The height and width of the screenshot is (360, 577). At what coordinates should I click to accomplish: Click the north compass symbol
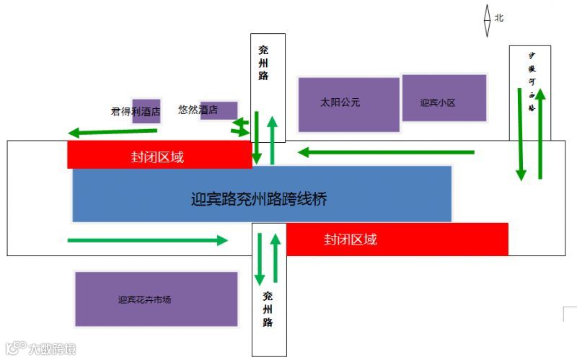(488, 18)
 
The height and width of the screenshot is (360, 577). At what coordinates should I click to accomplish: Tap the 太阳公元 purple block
(348, 104)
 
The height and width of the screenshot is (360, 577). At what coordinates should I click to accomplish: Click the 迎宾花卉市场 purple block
(157, 299)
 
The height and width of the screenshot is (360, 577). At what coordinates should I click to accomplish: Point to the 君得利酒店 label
(135, 112)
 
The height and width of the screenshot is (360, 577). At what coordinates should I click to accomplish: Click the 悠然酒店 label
(198, 110)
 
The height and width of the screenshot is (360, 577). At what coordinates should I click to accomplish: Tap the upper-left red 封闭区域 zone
(159, 155)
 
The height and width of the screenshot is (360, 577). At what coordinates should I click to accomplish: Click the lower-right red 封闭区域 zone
(397, 239)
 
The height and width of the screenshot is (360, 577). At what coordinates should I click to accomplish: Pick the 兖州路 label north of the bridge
(264, 63)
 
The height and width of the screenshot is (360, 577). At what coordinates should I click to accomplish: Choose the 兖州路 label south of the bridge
(268, 308)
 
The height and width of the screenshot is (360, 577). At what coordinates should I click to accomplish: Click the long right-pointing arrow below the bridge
(147, 240)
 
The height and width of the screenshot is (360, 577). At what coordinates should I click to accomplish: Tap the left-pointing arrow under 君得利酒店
(113, 132)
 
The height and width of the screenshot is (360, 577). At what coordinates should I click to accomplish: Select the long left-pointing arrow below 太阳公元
(387, 152)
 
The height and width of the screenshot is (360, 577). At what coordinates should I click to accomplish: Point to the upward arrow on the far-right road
(539, 134)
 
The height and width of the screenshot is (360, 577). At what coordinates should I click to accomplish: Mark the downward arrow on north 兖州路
(257, 138)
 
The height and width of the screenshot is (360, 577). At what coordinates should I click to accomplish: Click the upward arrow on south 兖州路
(275, 259)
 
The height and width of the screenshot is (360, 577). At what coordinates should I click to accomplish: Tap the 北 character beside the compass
(499, 17)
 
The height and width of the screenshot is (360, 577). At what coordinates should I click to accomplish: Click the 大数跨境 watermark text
(52, 349)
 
